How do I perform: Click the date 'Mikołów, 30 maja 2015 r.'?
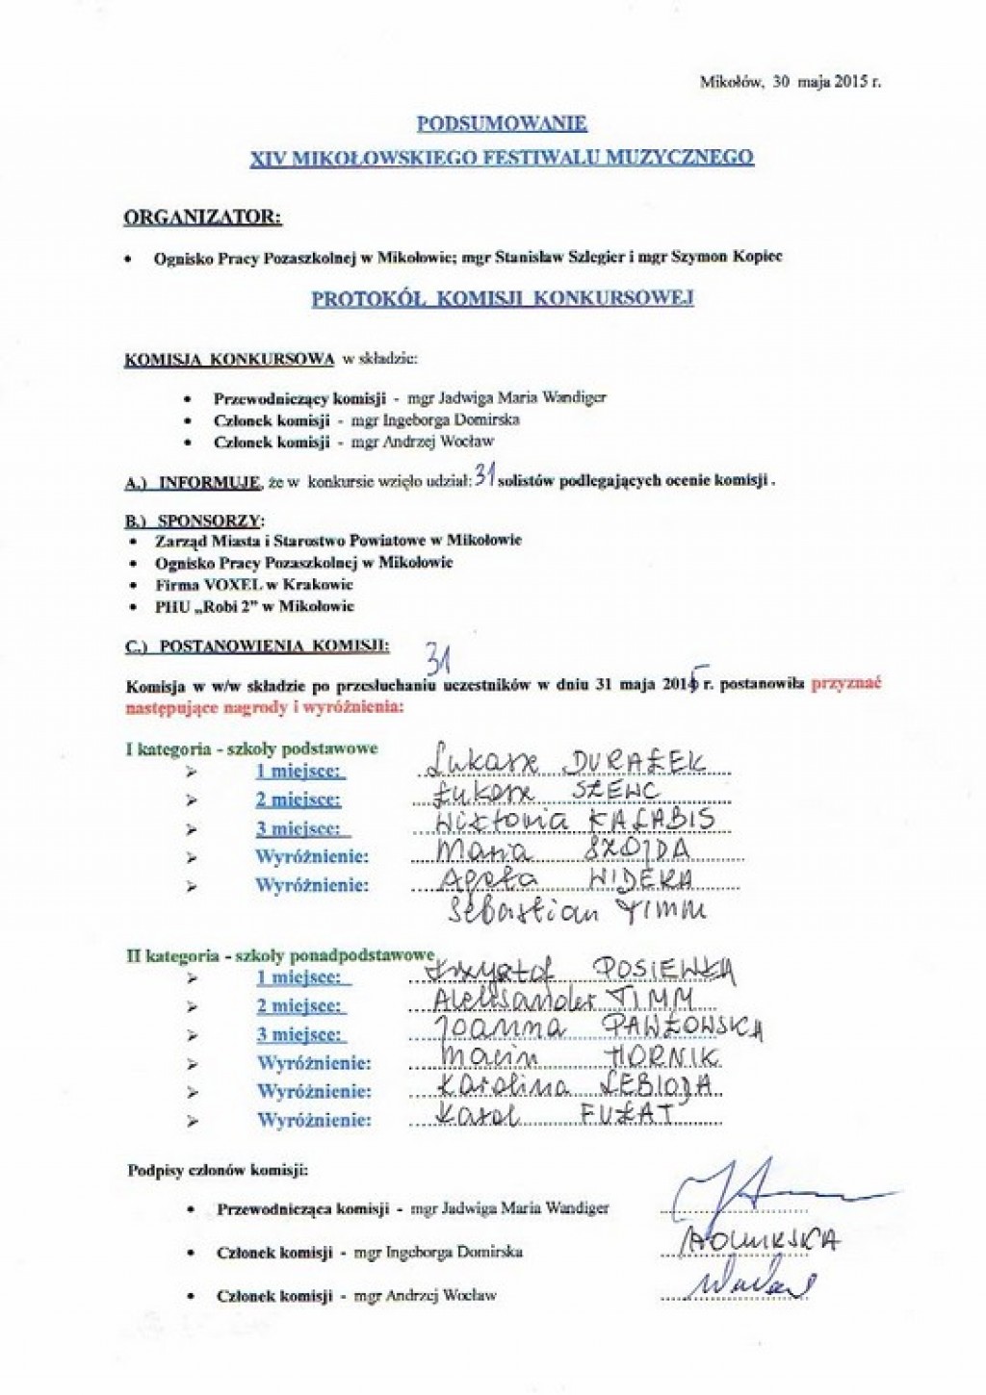coord(790,83)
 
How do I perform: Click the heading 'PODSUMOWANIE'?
coord(502,123)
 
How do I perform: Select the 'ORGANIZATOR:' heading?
coord(203,217)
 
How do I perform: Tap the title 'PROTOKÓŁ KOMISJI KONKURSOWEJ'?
coord(503,298)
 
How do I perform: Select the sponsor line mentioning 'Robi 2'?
coord(254,606)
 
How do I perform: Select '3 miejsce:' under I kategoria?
coord(298,828)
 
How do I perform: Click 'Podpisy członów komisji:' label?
coord(218,1171)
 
